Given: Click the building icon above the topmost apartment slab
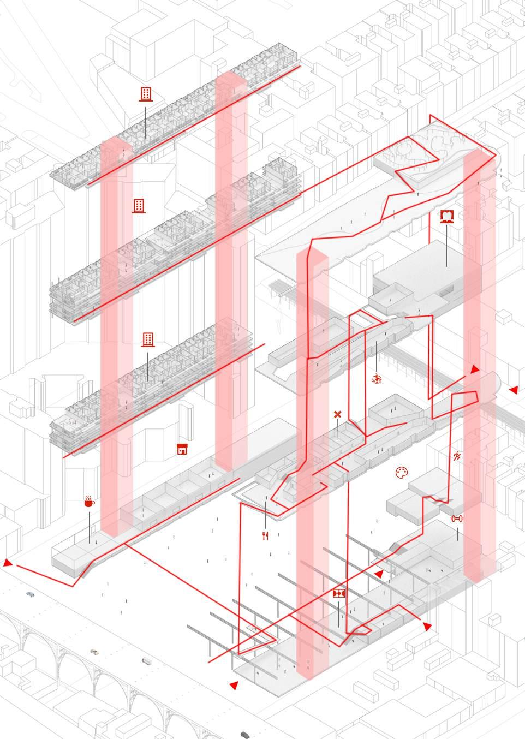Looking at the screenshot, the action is [x=146, y=93].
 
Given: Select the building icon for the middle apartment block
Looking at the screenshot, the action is [x=139, y=206].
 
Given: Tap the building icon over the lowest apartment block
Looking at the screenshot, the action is [x=147, y=339].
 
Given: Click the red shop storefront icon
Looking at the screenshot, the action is [x=182, y=449].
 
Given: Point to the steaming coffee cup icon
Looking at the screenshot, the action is [x=88, y=501].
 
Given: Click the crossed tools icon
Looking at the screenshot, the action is [x=337, y=415].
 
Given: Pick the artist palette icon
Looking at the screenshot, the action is [x=402, y=473].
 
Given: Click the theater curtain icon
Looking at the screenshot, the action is [x=448, y=216].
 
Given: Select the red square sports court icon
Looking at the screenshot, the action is [x=338, y=593].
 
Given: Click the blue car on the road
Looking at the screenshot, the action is [x=30, y=594].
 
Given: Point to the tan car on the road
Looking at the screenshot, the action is [x=95, y=652].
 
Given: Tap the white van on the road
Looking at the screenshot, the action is [x=146, y=661].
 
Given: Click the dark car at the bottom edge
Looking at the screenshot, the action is [x=246, y=735].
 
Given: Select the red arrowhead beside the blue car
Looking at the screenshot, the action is [x=8, y=563].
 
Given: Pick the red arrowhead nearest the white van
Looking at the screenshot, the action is [x=234, y=685].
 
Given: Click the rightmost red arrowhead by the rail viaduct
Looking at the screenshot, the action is [x=513, y=390].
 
